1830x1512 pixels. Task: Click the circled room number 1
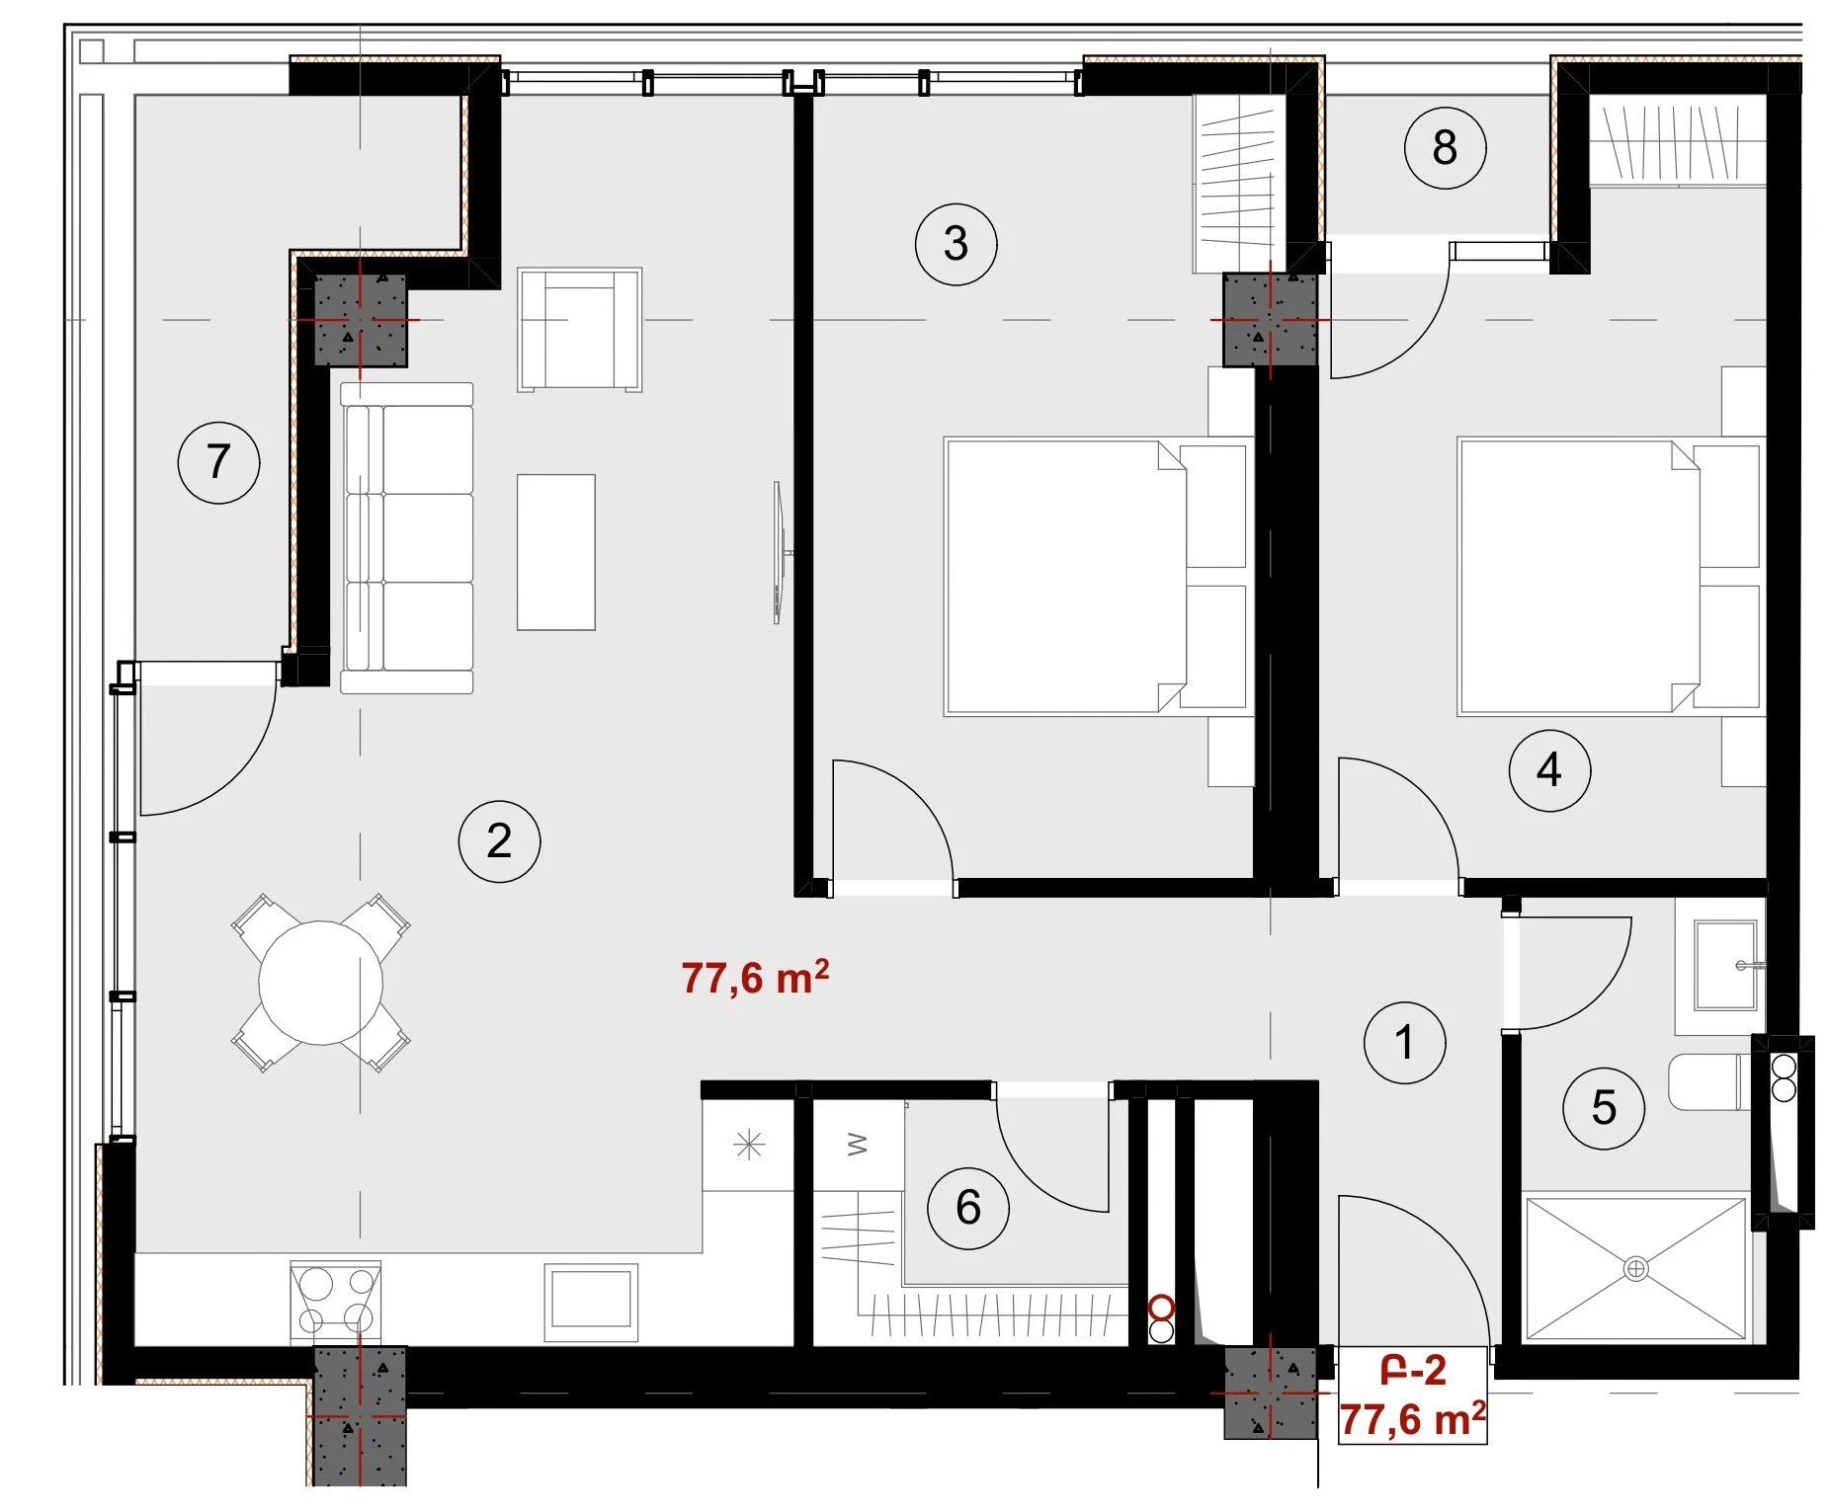(x=1404, y=1042)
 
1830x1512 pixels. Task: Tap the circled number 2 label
(x=499, y=840)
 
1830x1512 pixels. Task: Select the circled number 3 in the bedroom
(x=956, y=244)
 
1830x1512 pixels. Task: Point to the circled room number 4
(x=1549, y=770)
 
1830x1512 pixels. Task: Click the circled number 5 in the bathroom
(x=1604, y=1108)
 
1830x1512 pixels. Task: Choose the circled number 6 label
(x=968, y=1208)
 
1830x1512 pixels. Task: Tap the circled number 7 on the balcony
(x=218, y=462)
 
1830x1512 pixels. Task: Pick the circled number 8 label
(x=1445, y=148)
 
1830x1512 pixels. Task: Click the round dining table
(x=321, y=983)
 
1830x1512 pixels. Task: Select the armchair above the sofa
(x=580, y=330)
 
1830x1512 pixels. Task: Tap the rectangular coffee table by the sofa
(x=556, y=552)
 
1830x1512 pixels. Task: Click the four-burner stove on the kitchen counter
(x=336, y=1301)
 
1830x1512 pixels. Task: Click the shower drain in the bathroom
(x=1635, y=1268)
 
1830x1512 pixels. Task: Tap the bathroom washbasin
(x=1725, y=965)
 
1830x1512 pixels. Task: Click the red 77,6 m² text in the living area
(x=755, y=978)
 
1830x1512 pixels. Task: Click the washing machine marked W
(x=858, y=1146)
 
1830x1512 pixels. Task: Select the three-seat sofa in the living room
(x=407, y=538)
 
